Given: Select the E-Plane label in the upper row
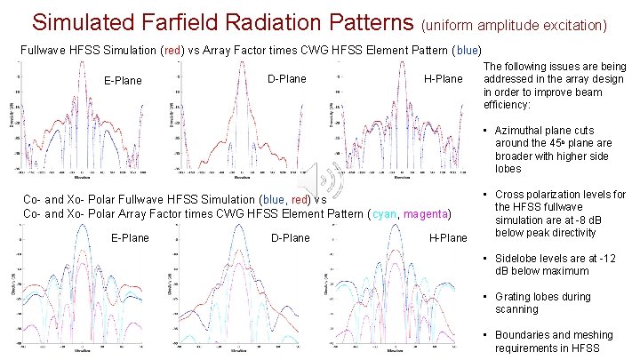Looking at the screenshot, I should (x=123, y=81).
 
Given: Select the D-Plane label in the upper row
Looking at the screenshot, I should (x=286, y=79).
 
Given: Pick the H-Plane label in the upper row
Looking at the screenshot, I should (x=444, y=79).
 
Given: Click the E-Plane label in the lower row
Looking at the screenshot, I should (x=130, y=237).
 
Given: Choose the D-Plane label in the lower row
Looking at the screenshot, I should (x=291, y=237).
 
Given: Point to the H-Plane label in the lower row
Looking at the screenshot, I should (x=448, y=237).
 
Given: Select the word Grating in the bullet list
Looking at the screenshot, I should (x=515, y=297).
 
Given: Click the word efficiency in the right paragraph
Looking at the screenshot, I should (x=508, y=104).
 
